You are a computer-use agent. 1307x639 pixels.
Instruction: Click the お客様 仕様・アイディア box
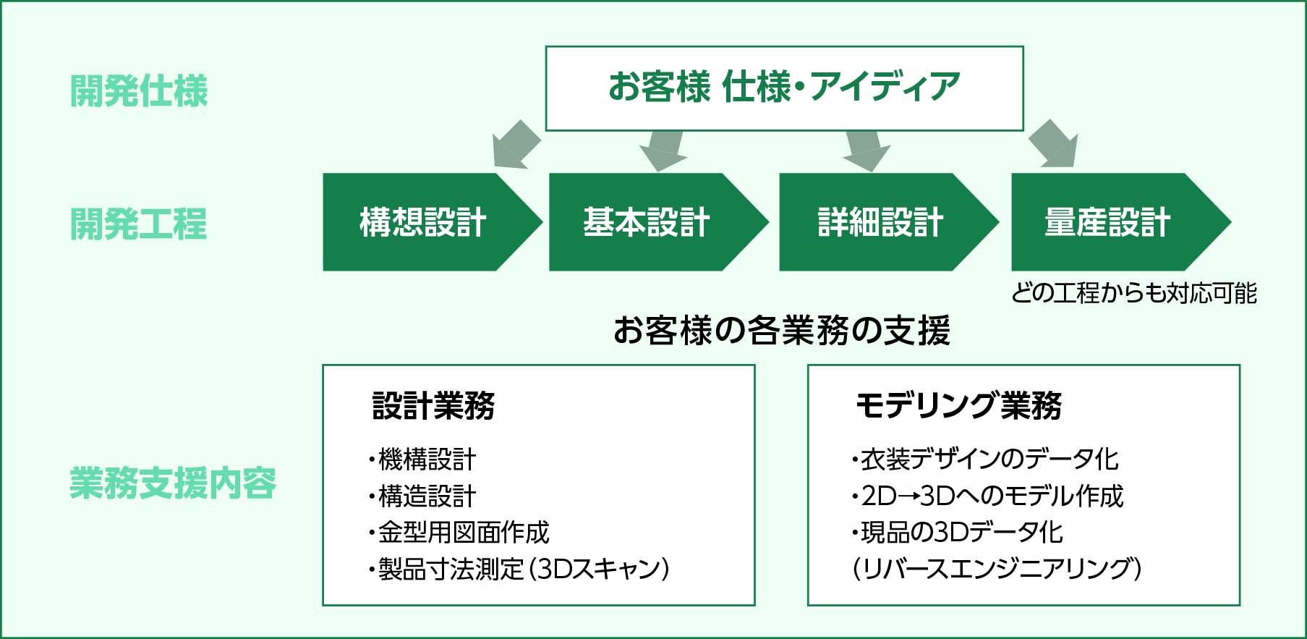784,88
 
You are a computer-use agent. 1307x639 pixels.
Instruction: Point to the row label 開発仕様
139,91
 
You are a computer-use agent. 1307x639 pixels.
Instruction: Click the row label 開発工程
139,224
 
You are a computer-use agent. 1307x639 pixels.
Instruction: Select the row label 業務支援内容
173,483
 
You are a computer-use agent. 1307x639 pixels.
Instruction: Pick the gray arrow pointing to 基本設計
662,151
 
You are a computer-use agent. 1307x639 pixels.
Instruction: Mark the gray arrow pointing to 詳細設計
866,151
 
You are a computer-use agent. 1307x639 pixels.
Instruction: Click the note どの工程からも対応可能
1133,293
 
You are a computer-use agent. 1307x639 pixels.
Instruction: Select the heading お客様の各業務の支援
782,330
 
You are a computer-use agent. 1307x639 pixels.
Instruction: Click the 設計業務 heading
433,405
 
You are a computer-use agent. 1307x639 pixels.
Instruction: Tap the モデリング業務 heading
958,405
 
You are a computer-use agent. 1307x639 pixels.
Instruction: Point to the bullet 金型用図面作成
459,533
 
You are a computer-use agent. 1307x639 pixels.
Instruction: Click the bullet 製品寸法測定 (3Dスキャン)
519,570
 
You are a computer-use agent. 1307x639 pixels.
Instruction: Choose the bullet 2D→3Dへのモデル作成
988,496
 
